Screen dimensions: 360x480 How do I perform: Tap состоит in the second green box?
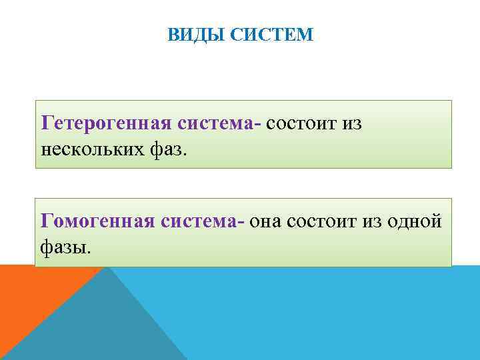point(319,221)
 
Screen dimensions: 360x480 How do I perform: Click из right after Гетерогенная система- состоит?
point(351,123)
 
